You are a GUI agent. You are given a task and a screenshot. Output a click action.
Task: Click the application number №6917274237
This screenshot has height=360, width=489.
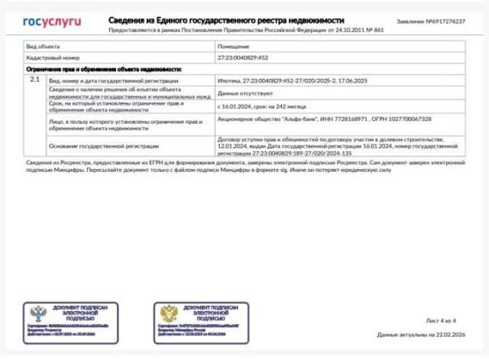click(x=444, y=21)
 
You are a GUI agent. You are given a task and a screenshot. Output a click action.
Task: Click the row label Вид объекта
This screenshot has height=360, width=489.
click(x=44, y=47)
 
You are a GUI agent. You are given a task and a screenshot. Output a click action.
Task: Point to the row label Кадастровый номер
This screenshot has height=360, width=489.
click(x=50, y=58)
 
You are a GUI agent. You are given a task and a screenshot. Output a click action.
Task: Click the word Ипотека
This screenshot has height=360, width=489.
click(x=228, y=80)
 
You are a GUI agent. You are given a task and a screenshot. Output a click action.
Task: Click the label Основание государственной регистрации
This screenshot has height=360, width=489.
click(x=105, y=145)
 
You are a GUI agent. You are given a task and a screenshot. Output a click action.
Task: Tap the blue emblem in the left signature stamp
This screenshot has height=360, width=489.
click(x=38, y=314)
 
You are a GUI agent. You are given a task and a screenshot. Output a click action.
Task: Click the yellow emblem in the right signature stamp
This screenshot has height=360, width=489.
click(x=168, y=314)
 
